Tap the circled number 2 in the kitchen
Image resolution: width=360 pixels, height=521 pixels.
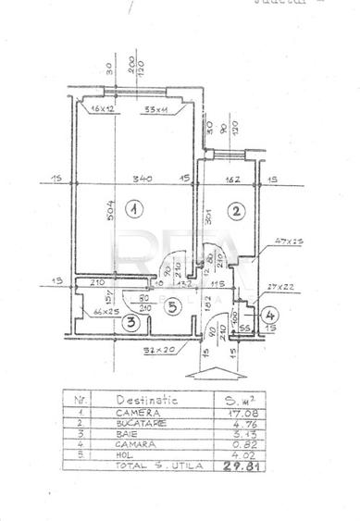[237, 211]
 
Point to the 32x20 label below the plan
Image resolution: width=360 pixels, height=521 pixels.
[159, 352]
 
